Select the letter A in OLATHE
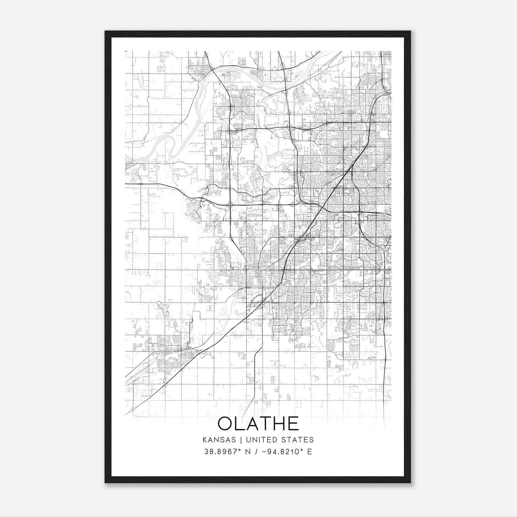pos(255,424)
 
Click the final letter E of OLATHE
pos(295,424)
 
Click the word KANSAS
pos(221,440)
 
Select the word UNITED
pos(260,440)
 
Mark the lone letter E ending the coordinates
pos(310,452)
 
